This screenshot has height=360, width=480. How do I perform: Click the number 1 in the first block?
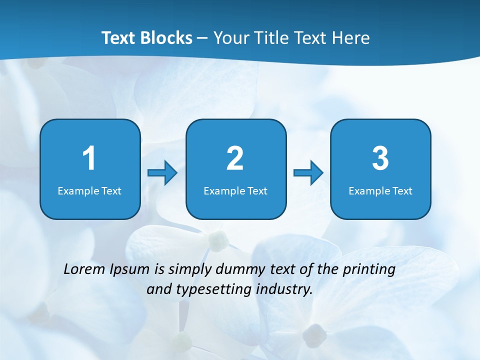pos(89,158)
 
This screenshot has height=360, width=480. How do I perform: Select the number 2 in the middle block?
pos(235,158)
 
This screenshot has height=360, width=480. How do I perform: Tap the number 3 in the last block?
pos(380,158)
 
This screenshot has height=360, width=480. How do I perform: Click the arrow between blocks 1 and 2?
pos(163,173)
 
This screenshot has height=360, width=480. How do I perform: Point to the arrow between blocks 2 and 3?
pos(308,173)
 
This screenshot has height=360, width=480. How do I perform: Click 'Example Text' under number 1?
pos(89,191)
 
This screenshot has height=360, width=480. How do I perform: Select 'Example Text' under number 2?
pos(235,191)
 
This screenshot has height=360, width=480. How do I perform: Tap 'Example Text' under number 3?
pos(380,191)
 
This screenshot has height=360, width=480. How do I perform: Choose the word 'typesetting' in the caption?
pos(214,289)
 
